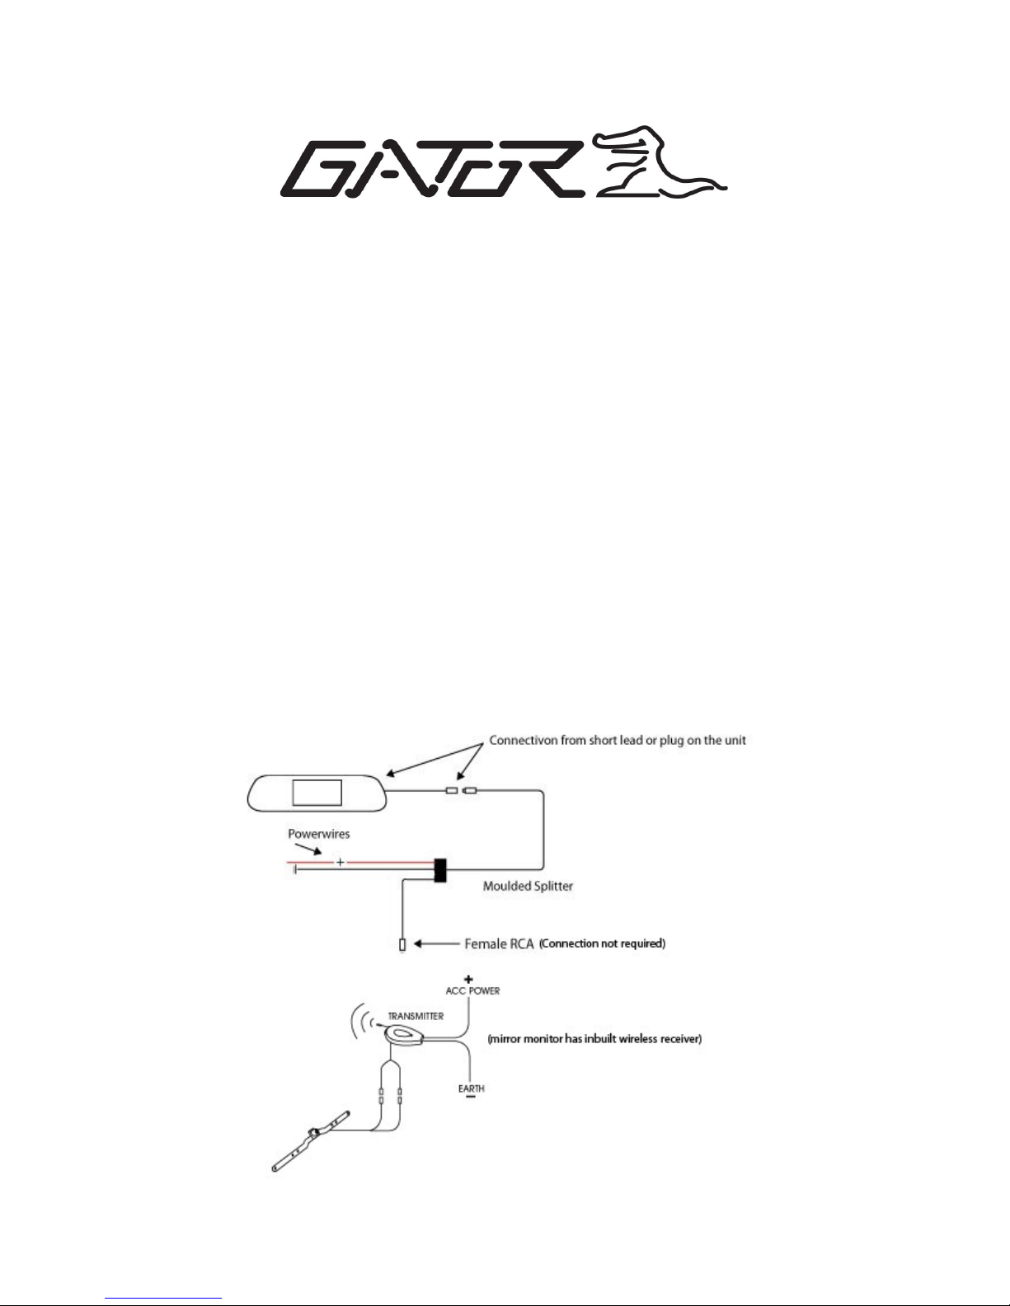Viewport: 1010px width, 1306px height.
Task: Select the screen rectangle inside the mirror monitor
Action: pyautogui.click(x=317, y=792)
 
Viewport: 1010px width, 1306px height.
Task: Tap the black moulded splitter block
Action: pyautogui.click(x=440, y=870)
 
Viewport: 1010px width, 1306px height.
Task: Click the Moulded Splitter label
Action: pyautogui.click(x=528, y=886)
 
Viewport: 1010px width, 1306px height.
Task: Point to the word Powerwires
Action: pyautogui.click(x=318, y=834)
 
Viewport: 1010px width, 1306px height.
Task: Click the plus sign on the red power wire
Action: pyautogui.click(x=341, y=862)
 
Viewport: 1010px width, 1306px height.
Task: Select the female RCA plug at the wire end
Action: pyautogui.click(x=402, y=945)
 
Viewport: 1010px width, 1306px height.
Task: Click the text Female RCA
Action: pyautogui.click(x=499, y=944)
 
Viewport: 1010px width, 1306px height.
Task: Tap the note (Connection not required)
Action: pyautogui.click(x=602, y=943)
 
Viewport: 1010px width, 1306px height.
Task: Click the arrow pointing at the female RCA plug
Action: pyautogui.click(x=437, y=943)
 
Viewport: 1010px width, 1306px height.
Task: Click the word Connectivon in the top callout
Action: pyautogui.click(x=524, y=740)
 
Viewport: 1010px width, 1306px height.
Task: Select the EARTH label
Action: pyautogui.click(x=472, y=1088)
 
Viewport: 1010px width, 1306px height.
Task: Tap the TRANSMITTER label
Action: pyautogui.click(x=416, y=1016)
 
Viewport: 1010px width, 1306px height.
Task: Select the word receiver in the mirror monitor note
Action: pyautogui.click(x=680, y=1038)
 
